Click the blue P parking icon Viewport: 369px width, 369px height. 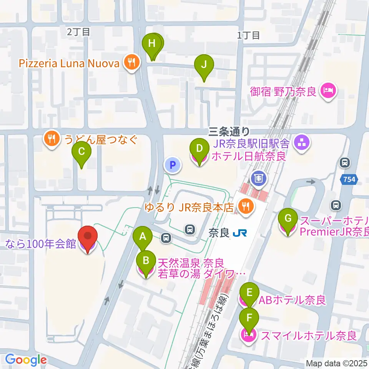(x=173, y=166)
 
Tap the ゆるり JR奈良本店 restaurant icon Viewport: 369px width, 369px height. (x=244, y=208)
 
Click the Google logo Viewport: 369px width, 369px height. (x=26, y=360)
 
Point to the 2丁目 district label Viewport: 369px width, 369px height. (x=78, y=32)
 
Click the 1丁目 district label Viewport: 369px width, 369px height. (x=248, y=35)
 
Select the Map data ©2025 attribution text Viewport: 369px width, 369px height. (x=336, y=363)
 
